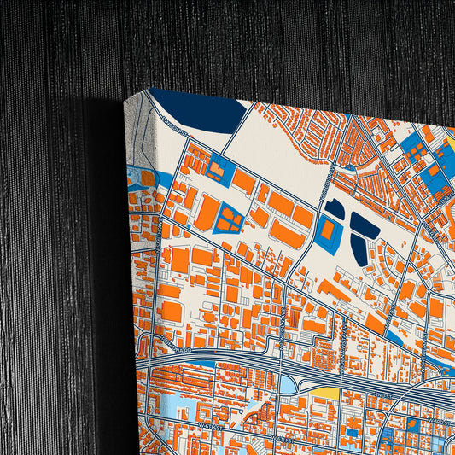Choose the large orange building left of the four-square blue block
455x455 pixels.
click(x=206, y=213)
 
